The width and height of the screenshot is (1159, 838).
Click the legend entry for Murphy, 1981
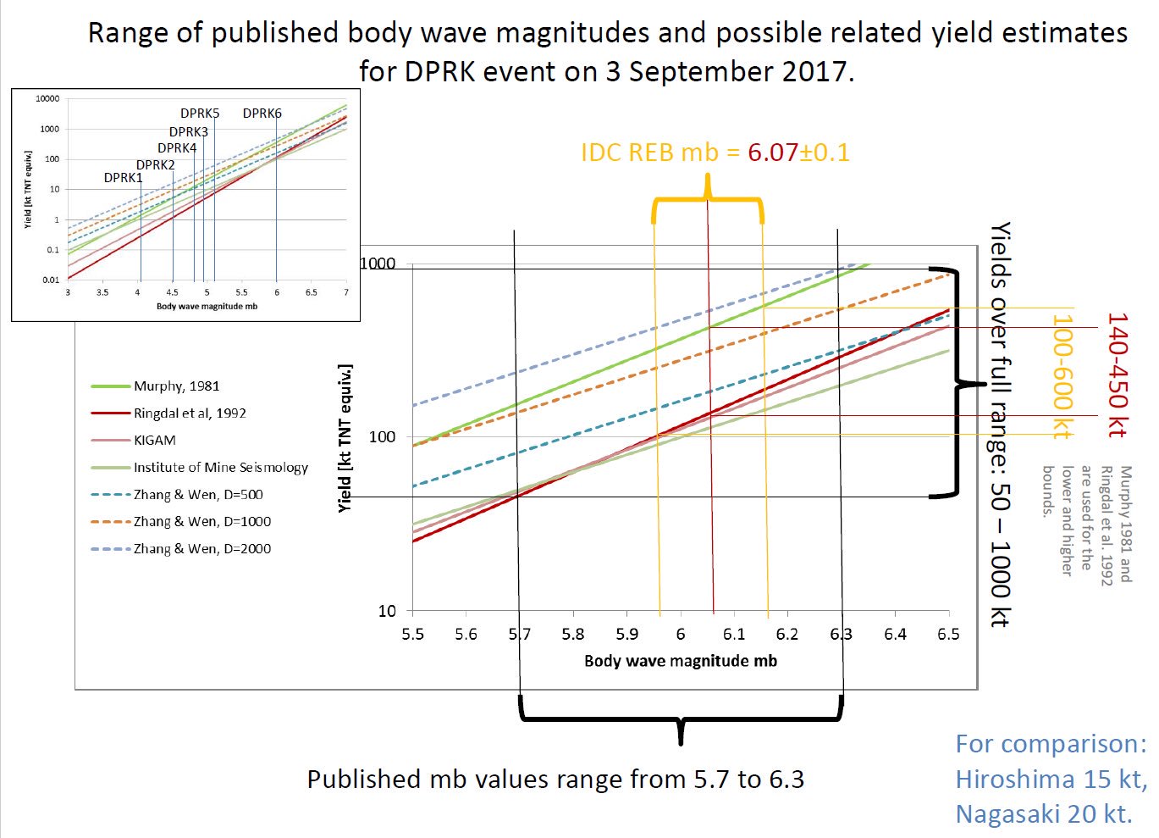176,386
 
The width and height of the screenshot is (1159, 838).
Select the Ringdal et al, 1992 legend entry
190,413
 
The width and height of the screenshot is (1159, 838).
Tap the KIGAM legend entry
155,441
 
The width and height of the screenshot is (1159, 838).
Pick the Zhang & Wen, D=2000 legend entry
201,549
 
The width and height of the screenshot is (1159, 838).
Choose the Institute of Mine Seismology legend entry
220,468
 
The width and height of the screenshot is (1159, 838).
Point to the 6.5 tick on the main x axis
948,635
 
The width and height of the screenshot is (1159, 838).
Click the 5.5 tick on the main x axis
412,635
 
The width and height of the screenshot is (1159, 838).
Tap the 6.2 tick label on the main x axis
787,635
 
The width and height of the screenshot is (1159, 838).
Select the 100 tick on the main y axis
382,437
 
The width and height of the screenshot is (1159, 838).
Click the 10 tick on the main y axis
386,611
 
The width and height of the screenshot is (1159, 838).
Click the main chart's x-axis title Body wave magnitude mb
680,661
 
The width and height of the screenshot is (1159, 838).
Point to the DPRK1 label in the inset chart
124,178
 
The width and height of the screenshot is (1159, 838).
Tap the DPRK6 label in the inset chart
262,114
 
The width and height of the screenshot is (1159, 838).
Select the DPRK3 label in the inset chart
188,132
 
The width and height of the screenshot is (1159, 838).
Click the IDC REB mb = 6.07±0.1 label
715,153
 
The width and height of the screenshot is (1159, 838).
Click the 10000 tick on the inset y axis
47,99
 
